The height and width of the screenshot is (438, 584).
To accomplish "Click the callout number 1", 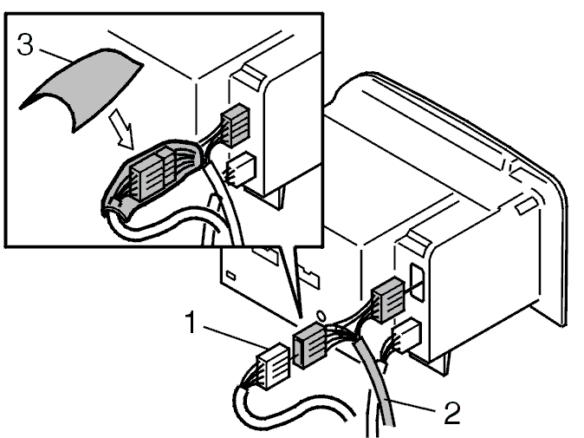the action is [191, 323].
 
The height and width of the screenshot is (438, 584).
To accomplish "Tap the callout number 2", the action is [451, 412].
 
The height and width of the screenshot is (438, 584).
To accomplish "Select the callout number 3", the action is [25, 44].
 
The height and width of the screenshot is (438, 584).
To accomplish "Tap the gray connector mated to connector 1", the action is [310, 345].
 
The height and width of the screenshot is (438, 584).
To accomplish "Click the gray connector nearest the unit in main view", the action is [388, 300].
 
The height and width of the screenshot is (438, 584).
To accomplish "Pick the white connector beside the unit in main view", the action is [406, 335].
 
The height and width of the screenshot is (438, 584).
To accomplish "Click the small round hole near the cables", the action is [321, 316].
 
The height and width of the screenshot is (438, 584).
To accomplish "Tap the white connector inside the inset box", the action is [242, 168].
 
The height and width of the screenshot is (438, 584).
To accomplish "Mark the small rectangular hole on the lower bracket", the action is [230, 276].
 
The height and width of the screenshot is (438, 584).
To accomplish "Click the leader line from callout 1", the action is [234, 337].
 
